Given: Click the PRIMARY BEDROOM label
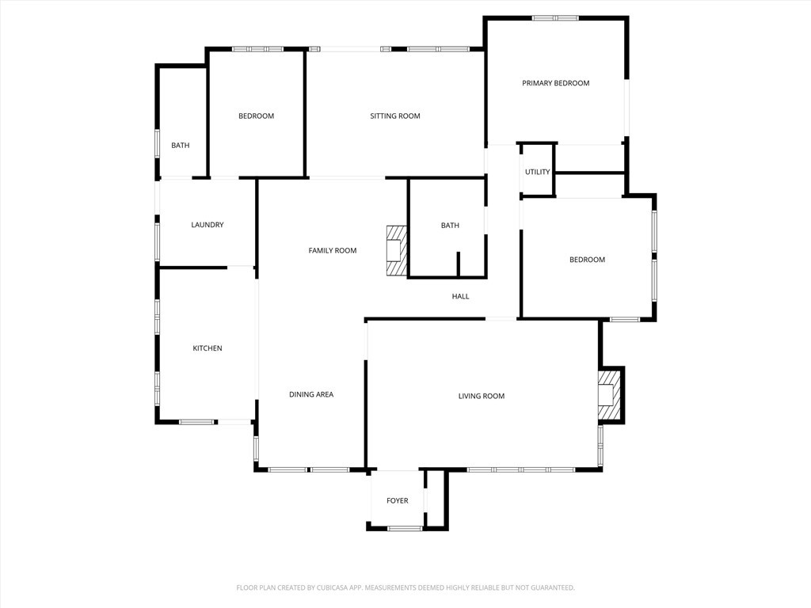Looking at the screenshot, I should click(555, 83).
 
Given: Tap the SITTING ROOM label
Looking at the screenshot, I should click(395, 116).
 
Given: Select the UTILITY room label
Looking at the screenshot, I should click(538, 172).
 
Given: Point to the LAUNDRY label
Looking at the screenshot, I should click(208, 225).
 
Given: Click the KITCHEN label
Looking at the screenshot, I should click(208, 348).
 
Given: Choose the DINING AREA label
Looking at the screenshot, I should click(311, 394).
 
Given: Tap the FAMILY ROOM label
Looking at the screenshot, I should click(333, 251).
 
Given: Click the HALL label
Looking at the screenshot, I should click(461, 297).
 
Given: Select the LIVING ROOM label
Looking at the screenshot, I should click(482, 396).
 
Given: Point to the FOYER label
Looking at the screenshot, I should click(398, 501).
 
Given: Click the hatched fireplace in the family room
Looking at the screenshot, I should click(396, 251).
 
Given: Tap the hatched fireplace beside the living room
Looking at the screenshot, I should click(607, 395).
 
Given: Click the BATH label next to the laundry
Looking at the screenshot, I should click(181, 146).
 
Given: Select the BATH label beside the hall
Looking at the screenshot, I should click(450, 226).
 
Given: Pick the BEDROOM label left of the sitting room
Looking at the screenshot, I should click(257, 116).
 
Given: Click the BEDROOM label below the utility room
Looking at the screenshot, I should click(588, 260).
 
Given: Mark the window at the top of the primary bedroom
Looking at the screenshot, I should click(555, 17).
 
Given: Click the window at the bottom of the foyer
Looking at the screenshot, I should click(405, 528).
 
